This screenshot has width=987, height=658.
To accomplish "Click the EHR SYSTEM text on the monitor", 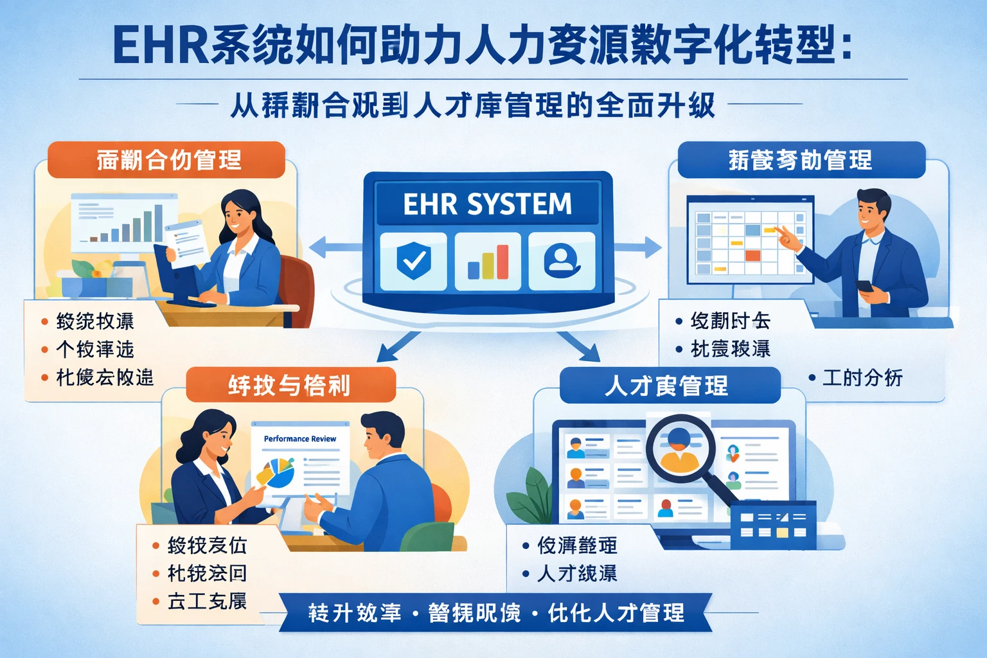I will tap(487, 204).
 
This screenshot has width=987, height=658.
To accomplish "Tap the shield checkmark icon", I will tap(413, 261).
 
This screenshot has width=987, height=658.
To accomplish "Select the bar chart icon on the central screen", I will tap(488, 262).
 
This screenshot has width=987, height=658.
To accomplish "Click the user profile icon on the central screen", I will tap(562, 261).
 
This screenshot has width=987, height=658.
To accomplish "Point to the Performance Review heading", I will tap(300, 439).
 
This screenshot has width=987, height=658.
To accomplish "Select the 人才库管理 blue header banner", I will tap(669, 386).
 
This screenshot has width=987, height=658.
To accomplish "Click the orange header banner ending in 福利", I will tap(290, 386).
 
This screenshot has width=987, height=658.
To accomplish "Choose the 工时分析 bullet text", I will tap(862, 378).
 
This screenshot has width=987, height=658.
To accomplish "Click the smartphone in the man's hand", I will tap(864, 285).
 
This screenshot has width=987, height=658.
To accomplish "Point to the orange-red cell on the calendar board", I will tap(752, 256).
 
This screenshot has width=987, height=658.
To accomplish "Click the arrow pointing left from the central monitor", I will tap(334, 247).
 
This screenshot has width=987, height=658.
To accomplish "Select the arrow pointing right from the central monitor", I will tap(639, 247).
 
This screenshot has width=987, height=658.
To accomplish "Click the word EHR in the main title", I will tap(160, 46).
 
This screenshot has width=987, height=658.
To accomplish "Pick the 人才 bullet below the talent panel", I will tap(577, 573).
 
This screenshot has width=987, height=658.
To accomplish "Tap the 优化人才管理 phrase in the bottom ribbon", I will tap(616, 613).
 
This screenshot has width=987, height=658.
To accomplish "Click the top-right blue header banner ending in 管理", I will tap(801, 160).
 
